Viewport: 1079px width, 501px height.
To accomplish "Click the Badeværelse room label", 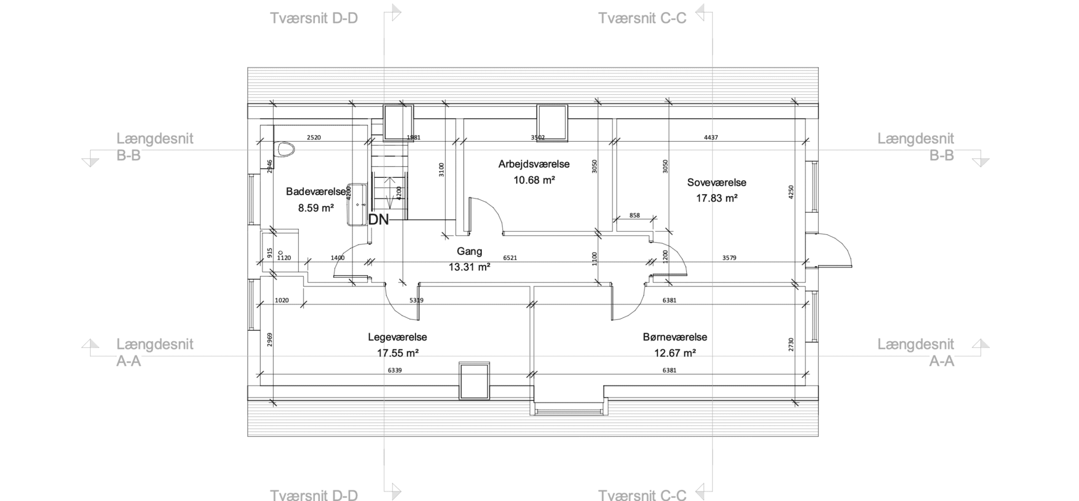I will (316, 192).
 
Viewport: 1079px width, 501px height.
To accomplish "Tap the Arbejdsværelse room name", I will (534, 164).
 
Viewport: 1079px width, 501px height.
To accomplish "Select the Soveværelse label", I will (716, 182).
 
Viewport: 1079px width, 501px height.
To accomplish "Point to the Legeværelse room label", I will (397, 337).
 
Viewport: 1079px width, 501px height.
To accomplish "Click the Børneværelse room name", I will (675, 337).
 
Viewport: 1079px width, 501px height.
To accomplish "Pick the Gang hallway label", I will (469, 251).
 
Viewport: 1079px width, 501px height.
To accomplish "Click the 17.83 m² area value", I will (716, 198).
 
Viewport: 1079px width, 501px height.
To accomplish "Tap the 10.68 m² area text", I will (534, 180).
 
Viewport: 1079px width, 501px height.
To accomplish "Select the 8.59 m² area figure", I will (316, 208).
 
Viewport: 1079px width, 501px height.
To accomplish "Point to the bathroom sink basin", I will (357, 204).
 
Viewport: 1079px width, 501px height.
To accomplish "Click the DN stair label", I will (379, 220).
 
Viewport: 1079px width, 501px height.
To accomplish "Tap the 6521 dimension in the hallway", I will (510, 257).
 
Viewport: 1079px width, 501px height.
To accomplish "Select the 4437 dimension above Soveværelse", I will (711, 137).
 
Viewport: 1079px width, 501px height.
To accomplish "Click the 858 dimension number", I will (634, 215).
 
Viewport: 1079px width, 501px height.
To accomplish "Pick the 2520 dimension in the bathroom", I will (314, 137).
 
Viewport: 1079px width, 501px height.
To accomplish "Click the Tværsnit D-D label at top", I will (314, 18).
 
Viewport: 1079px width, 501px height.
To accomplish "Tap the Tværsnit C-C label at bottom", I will (642, 495).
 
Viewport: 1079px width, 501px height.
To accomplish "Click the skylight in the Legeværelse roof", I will (474, 381).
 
